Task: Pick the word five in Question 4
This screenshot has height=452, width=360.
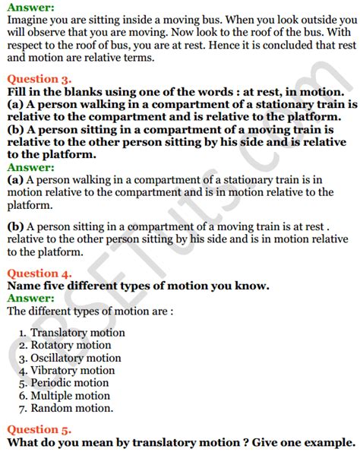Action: point(57,286)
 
